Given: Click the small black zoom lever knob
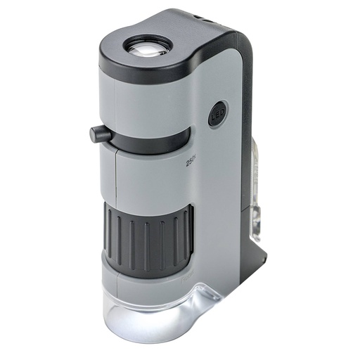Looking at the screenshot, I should (x=98, y=133).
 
